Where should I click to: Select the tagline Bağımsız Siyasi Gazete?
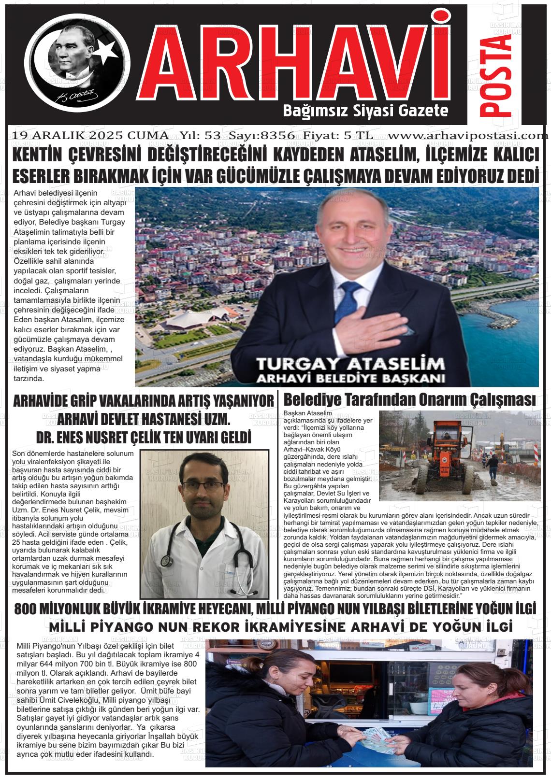point(365,111)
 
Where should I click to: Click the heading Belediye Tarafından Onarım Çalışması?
point(410,400)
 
